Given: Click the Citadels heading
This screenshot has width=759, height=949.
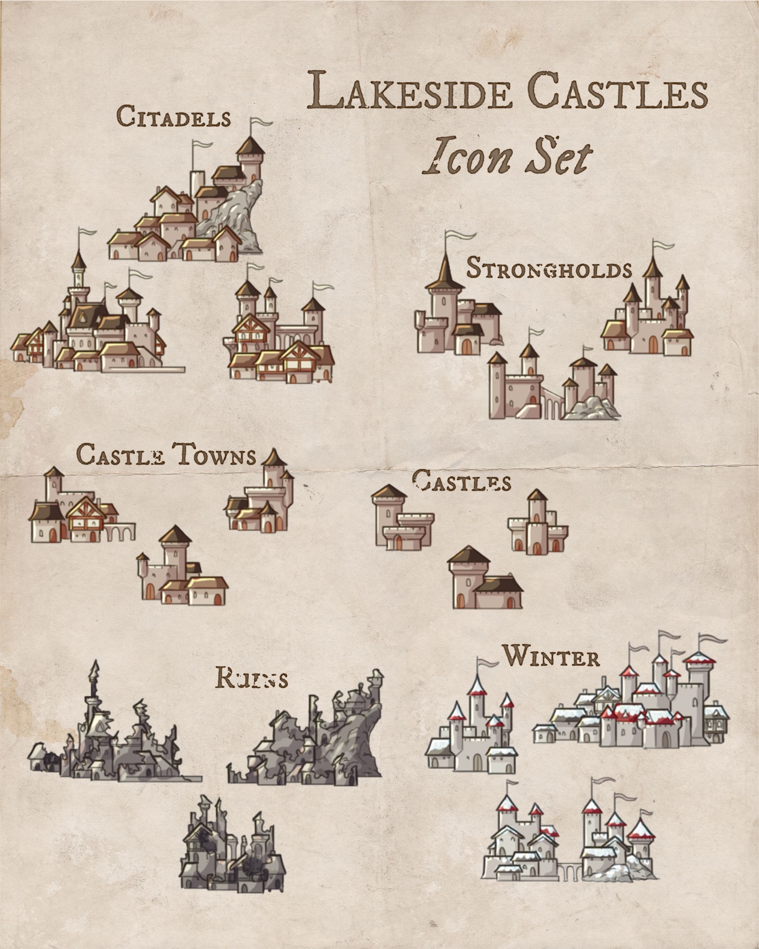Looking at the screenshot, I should [174, 117].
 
